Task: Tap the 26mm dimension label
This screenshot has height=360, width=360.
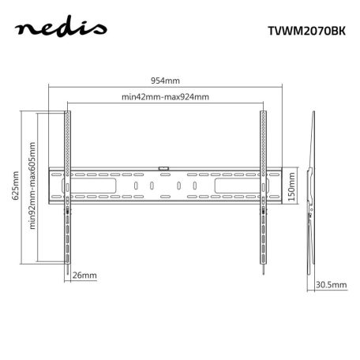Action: [84, 276]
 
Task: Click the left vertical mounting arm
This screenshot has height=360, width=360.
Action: [68, 189]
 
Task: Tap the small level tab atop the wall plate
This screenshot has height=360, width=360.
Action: [164, 167]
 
